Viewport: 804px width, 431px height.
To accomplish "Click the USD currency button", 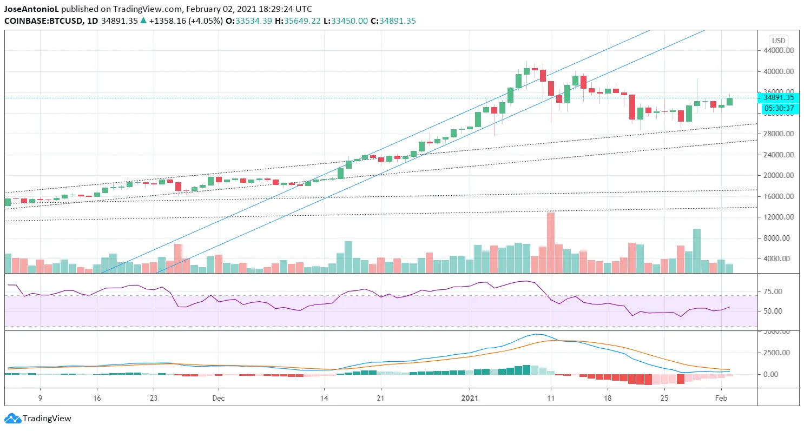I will (x=778, y=41).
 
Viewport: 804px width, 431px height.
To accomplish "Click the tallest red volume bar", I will (x=551, y=242).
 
